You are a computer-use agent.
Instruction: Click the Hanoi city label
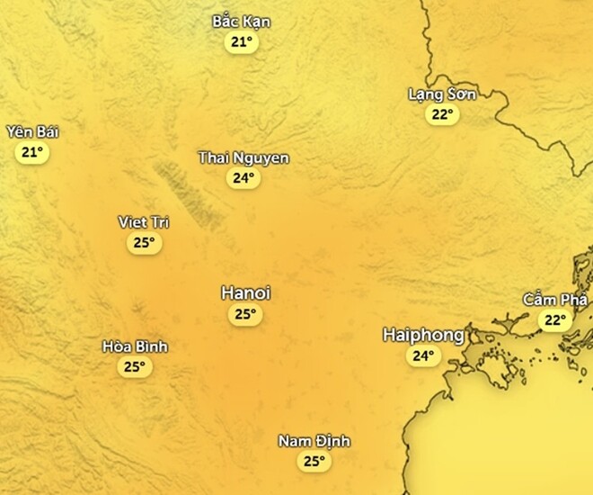245,293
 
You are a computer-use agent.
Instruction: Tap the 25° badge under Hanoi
245,314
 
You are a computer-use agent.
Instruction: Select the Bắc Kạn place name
241,22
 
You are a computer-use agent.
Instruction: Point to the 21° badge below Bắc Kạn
241,42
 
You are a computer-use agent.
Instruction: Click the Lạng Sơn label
442,94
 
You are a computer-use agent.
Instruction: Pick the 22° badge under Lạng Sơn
442,114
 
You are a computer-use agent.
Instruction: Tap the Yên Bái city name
32,132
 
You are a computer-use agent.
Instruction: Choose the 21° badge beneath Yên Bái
32,152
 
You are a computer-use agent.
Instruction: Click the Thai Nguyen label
243,158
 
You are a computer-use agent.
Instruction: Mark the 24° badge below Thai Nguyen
243,178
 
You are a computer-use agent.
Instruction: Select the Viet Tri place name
144,222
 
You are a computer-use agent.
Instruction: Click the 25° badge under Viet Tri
144,242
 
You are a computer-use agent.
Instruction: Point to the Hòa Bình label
135,346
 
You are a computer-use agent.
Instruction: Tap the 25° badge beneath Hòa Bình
135,366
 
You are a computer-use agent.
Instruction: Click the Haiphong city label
423,335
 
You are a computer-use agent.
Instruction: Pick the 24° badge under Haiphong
423,355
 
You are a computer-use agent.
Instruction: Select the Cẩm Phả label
554,300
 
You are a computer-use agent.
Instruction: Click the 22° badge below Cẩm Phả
554,319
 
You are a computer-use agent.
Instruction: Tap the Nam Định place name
314,441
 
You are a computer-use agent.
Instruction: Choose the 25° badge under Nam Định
314,461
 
